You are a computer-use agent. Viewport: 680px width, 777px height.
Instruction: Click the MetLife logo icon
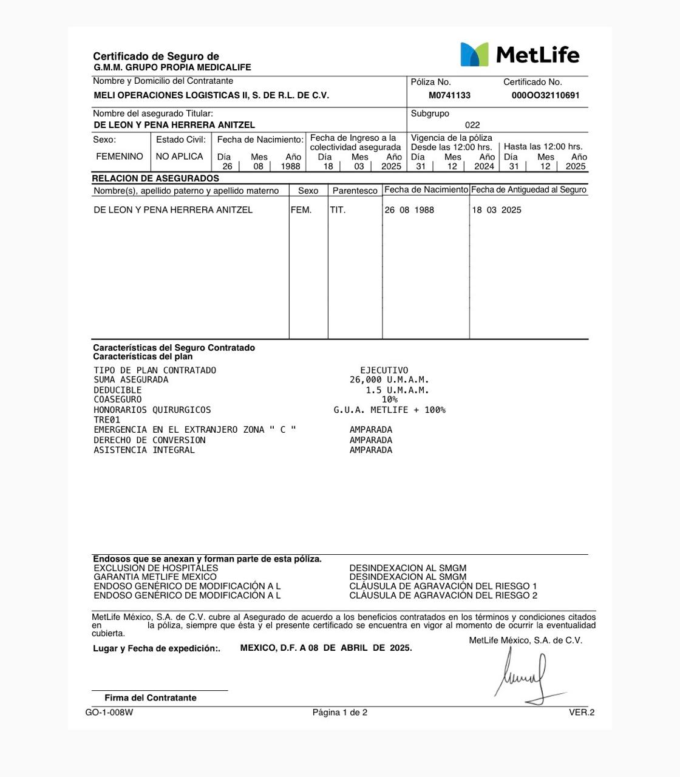[x=474, y=55]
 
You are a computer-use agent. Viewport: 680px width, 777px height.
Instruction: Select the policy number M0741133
[x=449, y=95]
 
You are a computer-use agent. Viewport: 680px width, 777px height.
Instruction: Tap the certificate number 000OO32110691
[x=545, y=95]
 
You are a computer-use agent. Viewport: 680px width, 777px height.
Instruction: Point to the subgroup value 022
[x=472, y=125]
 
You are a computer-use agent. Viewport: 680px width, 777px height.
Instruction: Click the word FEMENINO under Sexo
[x=120, y=157]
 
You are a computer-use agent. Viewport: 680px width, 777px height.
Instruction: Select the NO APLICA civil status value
[x=179, y=157]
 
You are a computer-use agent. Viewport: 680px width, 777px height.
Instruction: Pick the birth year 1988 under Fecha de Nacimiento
[x=290, y=166]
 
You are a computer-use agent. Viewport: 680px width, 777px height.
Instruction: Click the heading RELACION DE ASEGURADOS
[x=155, y=178]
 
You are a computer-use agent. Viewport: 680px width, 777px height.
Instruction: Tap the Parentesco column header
[x=355, y=191]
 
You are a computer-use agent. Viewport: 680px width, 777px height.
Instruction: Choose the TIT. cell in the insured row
[x=338, y=210]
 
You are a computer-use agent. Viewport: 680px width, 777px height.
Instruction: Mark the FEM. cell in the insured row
[x=301, y=210]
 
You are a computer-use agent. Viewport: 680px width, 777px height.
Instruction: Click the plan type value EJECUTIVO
[x=384, y=370]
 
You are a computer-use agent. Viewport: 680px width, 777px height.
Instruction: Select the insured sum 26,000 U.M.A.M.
[x=389, y=380]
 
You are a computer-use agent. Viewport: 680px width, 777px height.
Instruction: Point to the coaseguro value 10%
[x=389, y=400]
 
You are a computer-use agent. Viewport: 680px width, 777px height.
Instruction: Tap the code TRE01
[x=107, y=420]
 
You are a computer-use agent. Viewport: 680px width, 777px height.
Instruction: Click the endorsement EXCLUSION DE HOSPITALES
[x=156, y=568]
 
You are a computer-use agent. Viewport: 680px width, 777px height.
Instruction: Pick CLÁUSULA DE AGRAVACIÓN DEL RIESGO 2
[x=443, y=595]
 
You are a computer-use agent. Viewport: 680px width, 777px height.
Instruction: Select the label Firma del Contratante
[x=151, y=698]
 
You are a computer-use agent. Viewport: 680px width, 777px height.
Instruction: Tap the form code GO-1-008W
[x=109, y=713]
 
